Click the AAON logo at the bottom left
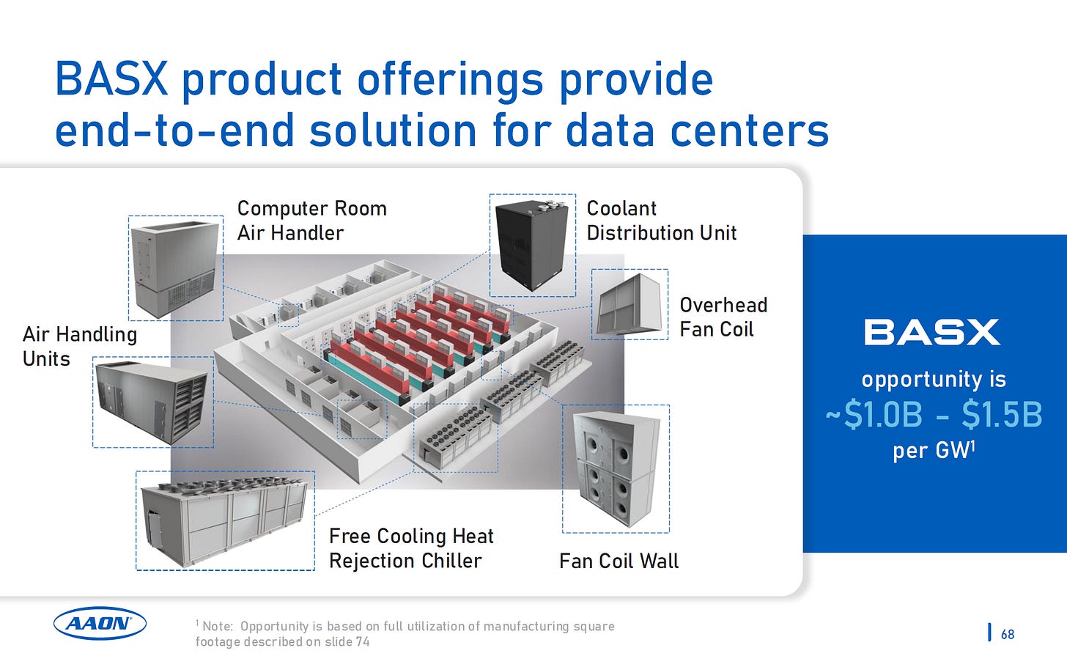[x=100, y=624]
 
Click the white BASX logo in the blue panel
[x=931, y=332]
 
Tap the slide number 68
[x=1008, y=634]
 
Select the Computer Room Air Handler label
[x=311, y=221]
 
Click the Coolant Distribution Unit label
[x=661, y=221]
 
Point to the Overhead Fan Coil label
[x=723, y=317]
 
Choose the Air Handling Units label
[x=80, y=346]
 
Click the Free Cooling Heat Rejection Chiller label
[x=411, y=548]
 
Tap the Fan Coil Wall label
[x=619, y=561]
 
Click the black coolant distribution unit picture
[x=532, y=246]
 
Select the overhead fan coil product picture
[x=630, y=304]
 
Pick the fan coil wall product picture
[x=616, y=468]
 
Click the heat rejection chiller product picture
[x=225, y=521]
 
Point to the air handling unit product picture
[x=152, y=402]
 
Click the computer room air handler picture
[x=175, y=268]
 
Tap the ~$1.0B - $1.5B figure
[x=934, y=415]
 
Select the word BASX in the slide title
[x=111, y=79]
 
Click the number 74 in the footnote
[x=362, y=642]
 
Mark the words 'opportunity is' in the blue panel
[x=934, y=380]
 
